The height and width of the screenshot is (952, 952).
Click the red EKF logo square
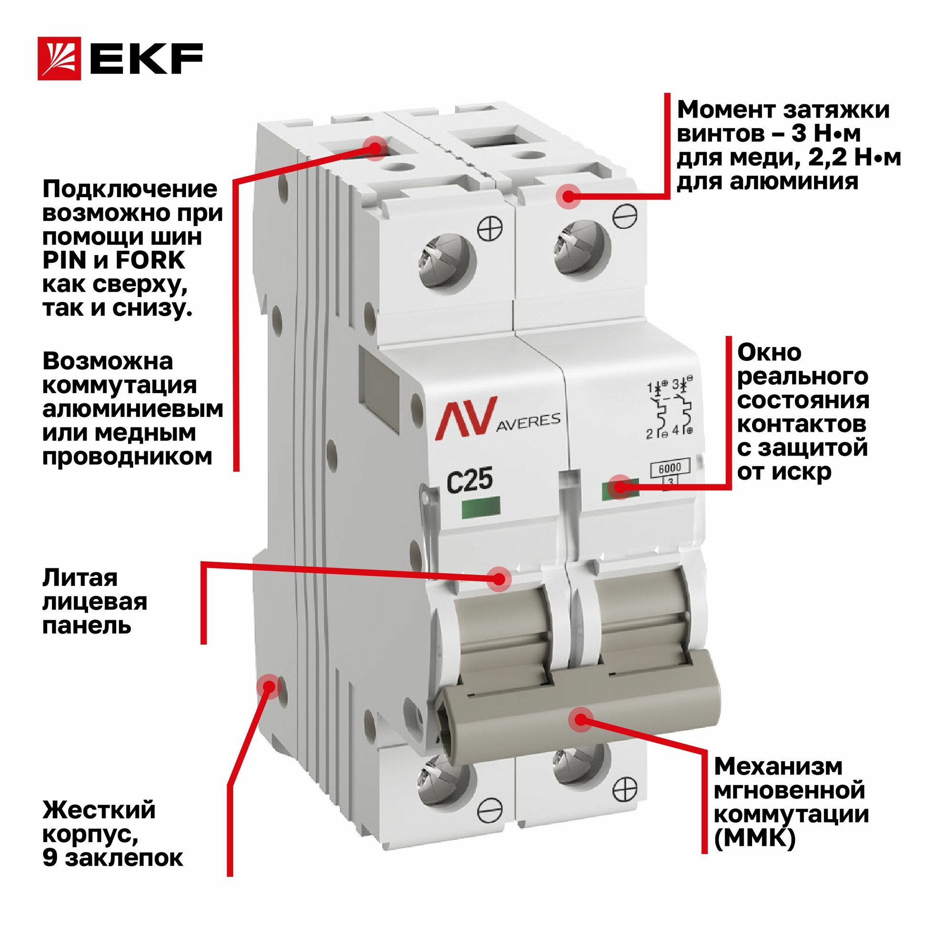click(59, 59)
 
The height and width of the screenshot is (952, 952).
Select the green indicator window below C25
click(481, 507)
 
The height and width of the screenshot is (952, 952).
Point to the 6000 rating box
click(670, 467)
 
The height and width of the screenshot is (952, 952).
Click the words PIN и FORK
click(114, 260)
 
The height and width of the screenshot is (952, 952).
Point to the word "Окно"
click(769, 353)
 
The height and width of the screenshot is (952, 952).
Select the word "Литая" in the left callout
click(80, 578)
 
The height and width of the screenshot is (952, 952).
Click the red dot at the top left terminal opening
click(376, 148)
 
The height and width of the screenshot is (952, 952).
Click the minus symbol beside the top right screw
click(625, 215)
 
